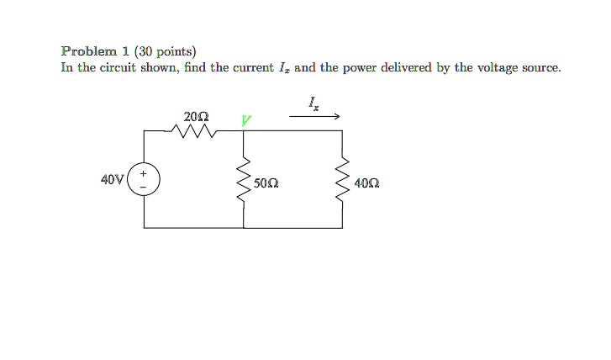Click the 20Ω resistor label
[x=197, y=114]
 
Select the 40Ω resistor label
[x=367, y=182]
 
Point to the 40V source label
[x=112, y=179]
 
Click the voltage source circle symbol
[x=143, y=179]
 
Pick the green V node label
[x=245, y=120]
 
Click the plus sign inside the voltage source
[x=143, y=172]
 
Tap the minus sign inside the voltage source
[x=143, y=187]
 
